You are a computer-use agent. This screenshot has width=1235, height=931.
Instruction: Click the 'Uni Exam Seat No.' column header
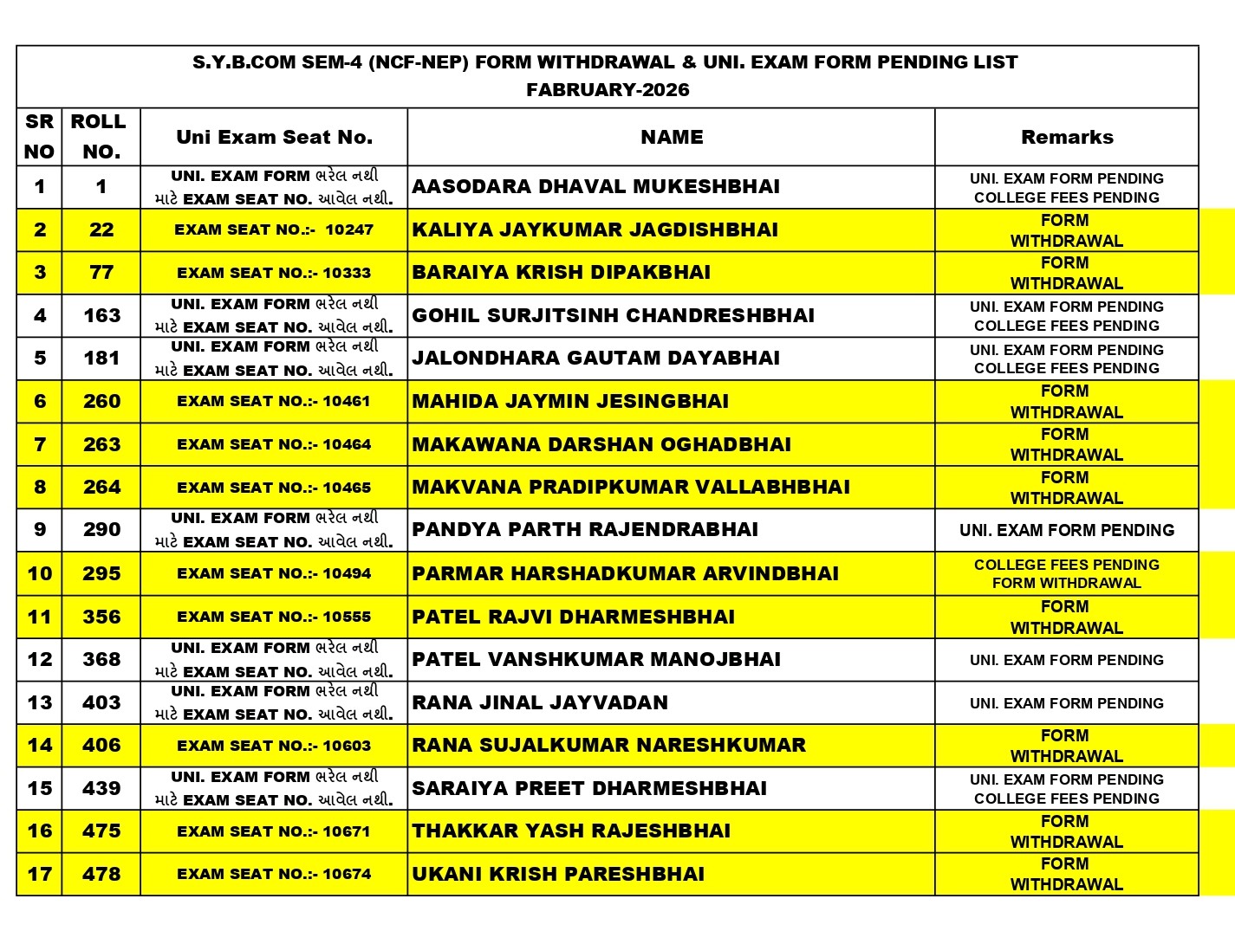[274, 137]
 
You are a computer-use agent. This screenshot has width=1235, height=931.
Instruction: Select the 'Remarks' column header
[1067, 137]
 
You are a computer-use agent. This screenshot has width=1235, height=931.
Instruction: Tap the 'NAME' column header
[672, 137]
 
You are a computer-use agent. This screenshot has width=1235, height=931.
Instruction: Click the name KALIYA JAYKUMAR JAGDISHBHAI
[595, 230]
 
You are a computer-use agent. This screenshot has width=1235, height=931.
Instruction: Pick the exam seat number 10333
[274, 273]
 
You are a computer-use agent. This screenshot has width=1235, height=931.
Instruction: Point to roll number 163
[101, 315]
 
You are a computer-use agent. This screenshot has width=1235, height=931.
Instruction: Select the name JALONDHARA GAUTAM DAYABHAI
[595, 359]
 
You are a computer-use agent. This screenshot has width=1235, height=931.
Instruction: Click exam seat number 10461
[274, 401]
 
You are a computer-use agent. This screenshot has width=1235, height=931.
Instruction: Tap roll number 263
[101, 444]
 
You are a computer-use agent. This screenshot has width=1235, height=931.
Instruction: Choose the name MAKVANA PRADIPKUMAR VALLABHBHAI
[631, 487]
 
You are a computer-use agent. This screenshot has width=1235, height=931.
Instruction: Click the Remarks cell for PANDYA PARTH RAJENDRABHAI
[1067, 530]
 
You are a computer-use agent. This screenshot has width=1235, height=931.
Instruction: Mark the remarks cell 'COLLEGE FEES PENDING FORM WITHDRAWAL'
[1067, 573]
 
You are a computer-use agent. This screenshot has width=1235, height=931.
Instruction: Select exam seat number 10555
[274, 617]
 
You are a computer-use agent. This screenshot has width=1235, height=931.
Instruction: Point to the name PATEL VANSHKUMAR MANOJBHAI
[596, 659]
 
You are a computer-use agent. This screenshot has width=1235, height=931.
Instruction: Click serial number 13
[40, 702]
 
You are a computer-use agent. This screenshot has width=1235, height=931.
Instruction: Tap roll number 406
[101, 745]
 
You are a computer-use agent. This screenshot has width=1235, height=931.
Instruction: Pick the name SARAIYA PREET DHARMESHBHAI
[589, 788]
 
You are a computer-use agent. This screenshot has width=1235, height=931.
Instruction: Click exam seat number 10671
[274, 831]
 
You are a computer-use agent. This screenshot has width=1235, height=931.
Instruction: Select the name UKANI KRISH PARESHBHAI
[558, 874]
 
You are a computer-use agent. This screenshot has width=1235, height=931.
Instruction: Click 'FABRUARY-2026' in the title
[608, 89]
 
